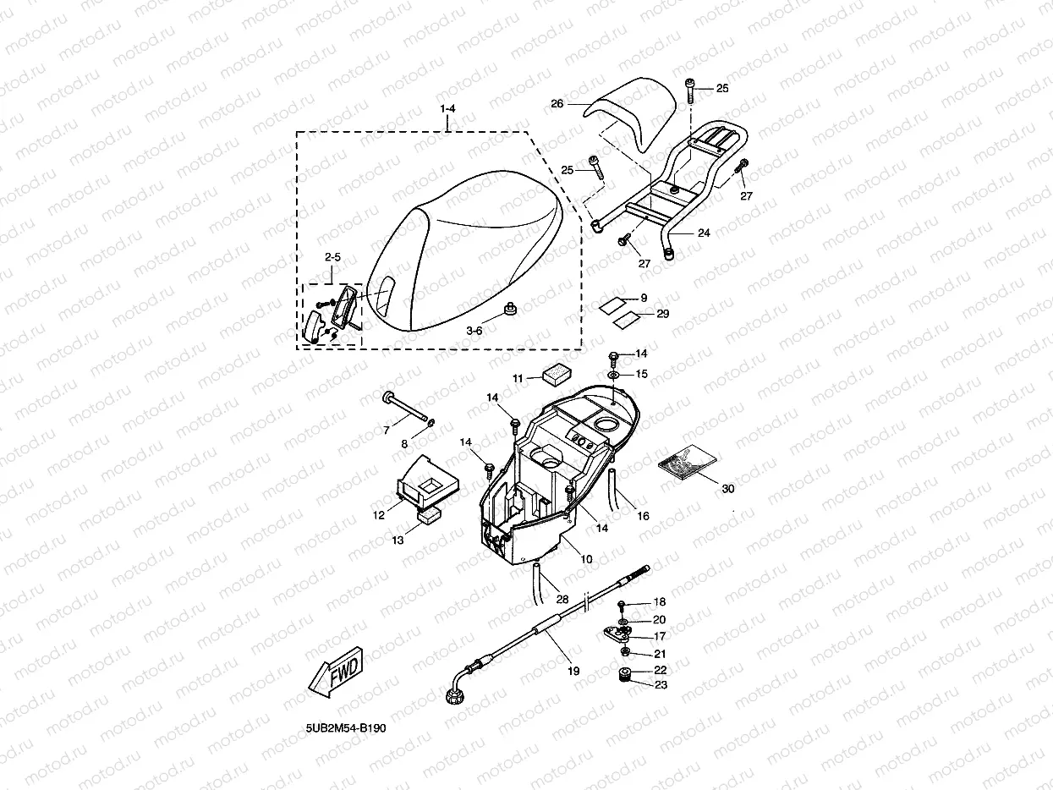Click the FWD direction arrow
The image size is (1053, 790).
point(335,673)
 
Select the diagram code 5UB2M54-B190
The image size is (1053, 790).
point(346,728)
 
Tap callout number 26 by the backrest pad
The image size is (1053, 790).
point(557,104)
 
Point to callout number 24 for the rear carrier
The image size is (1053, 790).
point(704,232)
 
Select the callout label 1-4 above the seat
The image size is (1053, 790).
point(447,110)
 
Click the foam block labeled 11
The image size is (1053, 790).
point(557,374)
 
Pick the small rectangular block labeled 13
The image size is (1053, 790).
point(431,514)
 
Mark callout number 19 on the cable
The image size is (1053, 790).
point(573,671)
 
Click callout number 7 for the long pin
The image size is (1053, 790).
point(387,431)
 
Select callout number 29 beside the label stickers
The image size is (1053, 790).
point(662,314)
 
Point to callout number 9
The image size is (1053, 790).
point(644,298)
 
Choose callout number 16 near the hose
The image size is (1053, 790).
point(643,515)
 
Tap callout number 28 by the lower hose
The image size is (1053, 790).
point(562,599)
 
